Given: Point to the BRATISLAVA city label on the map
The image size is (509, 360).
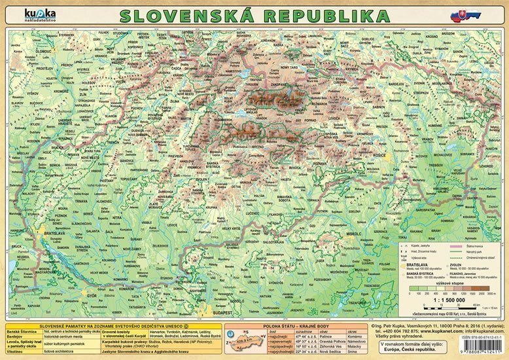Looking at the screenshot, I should click(x=54, y=232).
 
